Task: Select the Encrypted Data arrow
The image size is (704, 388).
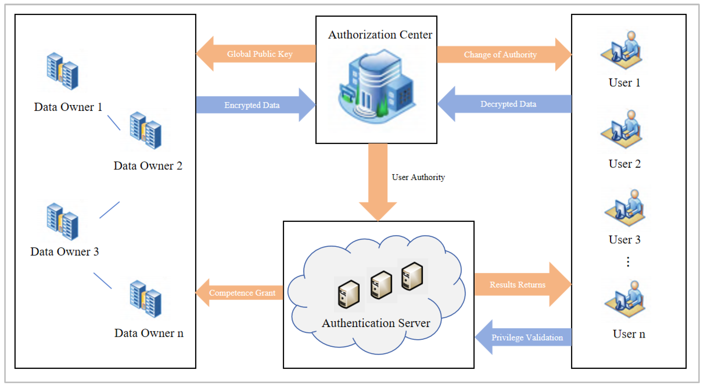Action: (252, 105)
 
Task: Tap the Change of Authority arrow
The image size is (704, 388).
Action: (500, 54)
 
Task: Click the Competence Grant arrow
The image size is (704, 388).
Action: (242, 293)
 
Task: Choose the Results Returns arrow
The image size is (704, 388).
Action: (517, 284)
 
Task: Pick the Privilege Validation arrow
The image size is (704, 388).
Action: (527, 337)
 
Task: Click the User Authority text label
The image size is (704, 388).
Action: (418, 177)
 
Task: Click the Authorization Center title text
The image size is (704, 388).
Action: (380, 35)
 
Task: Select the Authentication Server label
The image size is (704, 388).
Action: (376, 323)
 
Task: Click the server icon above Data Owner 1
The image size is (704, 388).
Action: (63, 71)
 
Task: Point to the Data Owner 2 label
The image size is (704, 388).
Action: (148, 166)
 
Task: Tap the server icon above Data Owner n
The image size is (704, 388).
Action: (146, 299)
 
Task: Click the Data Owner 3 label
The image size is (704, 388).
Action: (64, 251)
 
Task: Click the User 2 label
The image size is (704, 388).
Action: (624, 164)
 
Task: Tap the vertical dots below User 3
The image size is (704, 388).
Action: (628, 262)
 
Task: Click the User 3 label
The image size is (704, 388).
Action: (624, 240)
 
